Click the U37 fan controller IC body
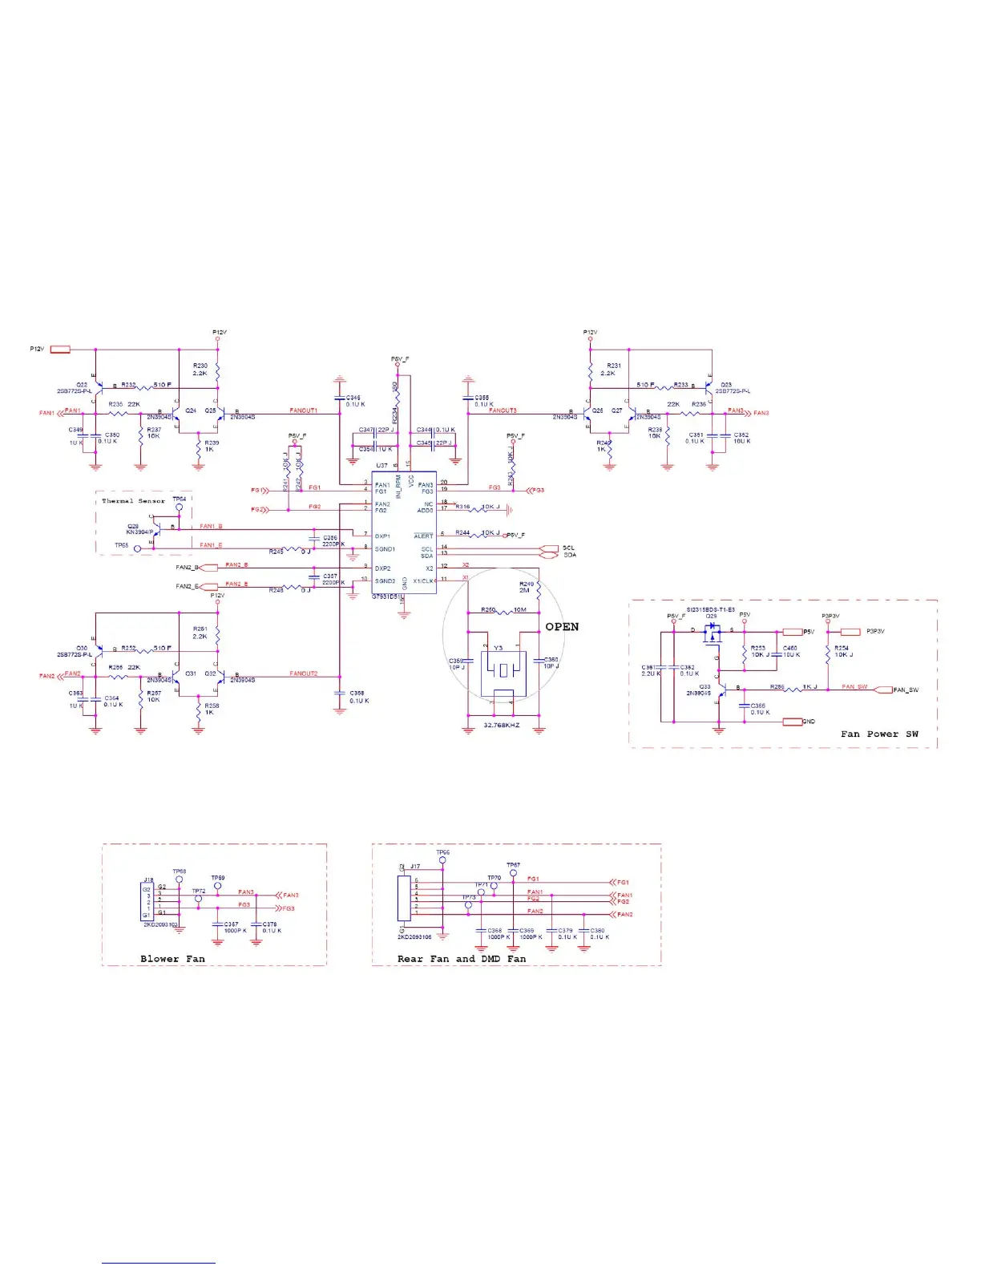pyautogui.click(x=404, y=532)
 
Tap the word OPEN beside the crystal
pyautogui.click(x=562, y=627)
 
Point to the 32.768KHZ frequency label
pyautogui.click(x=502, y=726)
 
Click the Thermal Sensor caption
pyautogui.click(x=133, y=501)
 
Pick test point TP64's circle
pyautogui.click(x=180, y=508)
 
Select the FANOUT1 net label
pyautogui.click(x=303, y=411)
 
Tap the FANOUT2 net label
pyautogui.click(x=304, y=673)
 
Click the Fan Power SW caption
pyautogui.click(x=879, y=734)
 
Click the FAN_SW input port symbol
pyautogui.click(x=882, y=690)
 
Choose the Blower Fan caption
pyautogui.click(x=172, y=959)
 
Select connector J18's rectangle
pyautogui.click(x=147, y=902)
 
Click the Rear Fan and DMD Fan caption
pyautogui.click(x=462, y=959)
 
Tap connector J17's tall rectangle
pyautogui.click(x=404, y=898)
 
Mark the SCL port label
pyautogui.click(x=567, y=548)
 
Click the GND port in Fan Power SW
pyautogui.click(x=793, y=722)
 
